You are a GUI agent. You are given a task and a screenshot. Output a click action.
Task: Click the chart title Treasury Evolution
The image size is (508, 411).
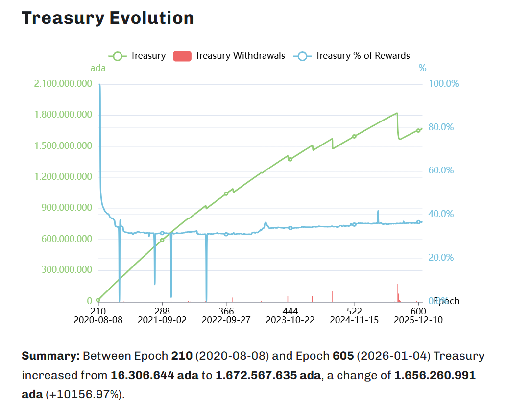pos(108,18)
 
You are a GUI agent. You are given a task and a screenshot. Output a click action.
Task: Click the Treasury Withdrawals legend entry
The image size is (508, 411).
pos(229,56)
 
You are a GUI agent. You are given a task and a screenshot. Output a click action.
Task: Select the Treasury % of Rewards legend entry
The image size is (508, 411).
pos(352,56)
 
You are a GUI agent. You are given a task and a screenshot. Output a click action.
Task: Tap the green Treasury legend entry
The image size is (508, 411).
pos(137,56)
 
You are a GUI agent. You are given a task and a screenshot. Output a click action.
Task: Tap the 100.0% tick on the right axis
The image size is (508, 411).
pos(443,84)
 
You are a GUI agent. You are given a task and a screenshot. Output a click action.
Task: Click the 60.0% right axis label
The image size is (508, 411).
pos(441,170)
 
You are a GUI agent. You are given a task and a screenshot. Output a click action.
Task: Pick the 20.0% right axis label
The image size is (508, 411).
pos(441,258)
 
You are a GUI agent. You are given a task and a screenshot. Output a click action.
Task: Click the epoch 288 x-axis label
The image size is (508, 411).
pos(162,311)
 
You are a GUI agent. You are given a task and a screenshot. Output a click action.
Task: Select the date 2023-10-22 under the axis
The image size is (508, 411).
pos(290,320)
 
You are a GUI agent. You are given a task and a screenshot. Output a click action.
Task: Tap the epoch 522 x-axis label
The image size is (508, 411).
pos(354,311)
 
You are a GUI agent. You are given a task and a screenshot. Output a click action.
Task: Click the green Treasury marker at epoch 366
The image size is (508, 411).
pos(226,193)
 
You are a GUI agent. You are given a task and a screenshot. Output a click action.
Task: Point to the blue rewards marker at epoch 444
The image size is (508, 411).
pos(290,228)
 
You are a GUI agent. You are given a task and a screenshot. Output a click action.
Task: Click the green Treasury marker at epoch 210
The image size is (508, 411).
pos(98,300)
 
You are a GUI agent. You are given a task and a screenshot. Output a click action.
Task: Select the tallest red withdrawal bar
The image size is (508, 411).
pos(398,292)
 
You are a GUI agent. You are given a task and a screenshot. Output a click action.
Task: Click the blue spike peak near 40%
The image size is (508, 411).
pos(378,212)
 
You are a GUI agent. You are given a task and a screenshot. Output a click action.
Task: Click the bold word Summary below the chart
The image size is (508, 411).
pos(50,356)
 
